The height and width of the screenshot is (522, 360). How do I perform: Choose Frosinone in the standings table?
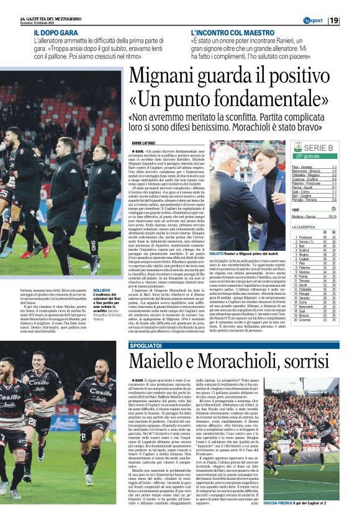(305, 237)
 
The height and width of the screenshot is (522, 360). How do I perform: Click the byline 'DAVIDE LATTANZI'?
(143, 143)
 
